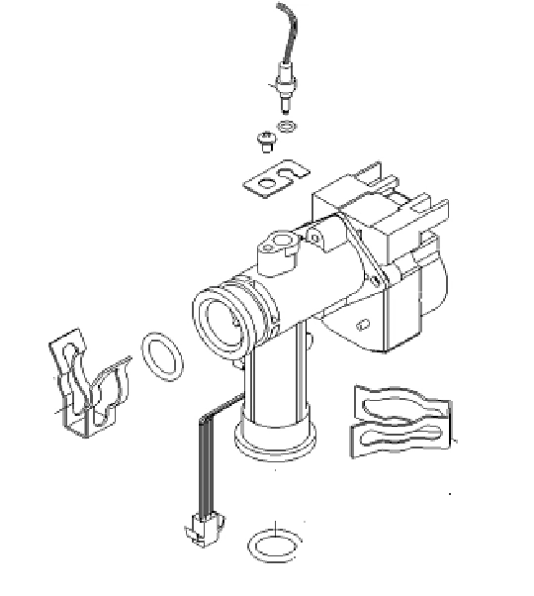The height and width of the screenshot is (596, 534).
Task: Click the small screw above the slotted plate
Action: point(265,141)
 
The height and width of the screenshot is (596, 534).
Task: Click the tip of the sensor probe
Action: point(286,103)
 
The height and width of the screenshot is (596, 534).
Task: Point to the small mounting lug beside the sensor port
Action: point(314,236)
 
